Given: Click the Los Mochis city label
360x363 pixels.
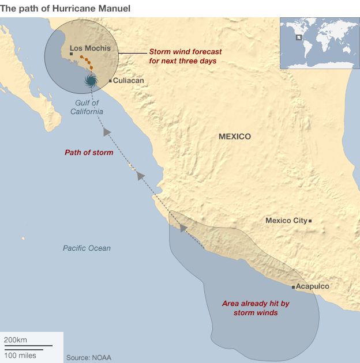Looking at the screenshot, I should pyautogui.click(x=90, y=48).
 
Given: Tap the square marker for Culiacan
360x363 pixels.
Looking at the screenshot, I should pyautogui.click(x=110, y=81).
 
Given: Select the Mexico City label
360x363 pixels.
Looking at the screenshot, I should pyautogui.click(x=286, y=221).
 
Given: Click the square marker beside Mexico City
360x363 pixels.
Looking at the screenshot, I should pyautogui.click(x=310, y=221).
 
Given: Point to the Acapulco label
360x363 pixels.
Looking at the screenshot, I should pyautogui.click(x=313, y=286).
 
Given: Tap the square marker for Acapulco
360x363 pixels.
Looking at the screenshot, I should pyautogui.click(x=294, y=286).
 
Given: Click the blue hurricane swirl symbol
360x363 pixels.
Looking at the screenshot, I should pyautogui.click(x=91, y=81).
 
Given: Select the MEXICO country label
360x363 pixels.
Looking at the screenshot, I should pyautogui.click(x=235, y=137).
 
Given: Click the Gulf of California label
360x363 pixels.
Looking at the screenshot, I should pyautogui.click(x=88, y=107).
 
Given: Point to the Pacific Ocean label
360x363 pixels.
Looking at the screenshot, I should pyautogui.click(x=87, y=248).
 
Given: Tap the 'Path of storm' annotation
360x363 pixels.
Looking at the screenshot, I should pyautogui.click(x=88, y=153).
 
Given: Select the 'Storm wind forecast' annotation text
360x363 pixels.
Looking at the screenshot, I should pyautogui.click(x=185, y=56).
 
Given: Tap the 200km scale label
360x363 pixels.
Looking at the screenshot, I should pyautogui.click(x=16, y=340).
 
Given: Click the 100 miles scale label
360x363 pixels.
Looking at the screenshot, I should pyautogui.click(x=20, y=355).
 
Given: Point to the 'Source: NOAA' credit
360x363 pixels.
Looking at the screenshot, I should pyautogui.click(x=88, y=358).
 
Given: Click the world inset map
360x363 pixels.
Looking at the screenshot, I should pyautogui.click(x=319, y=43).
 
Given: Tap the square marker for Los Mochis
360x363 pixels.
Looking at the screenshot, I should pyautogui.click(x=71, y=54).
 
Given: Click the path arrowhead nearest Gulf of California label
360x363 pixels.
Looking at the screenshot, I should pyautogui.click(x=107, y=133).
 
